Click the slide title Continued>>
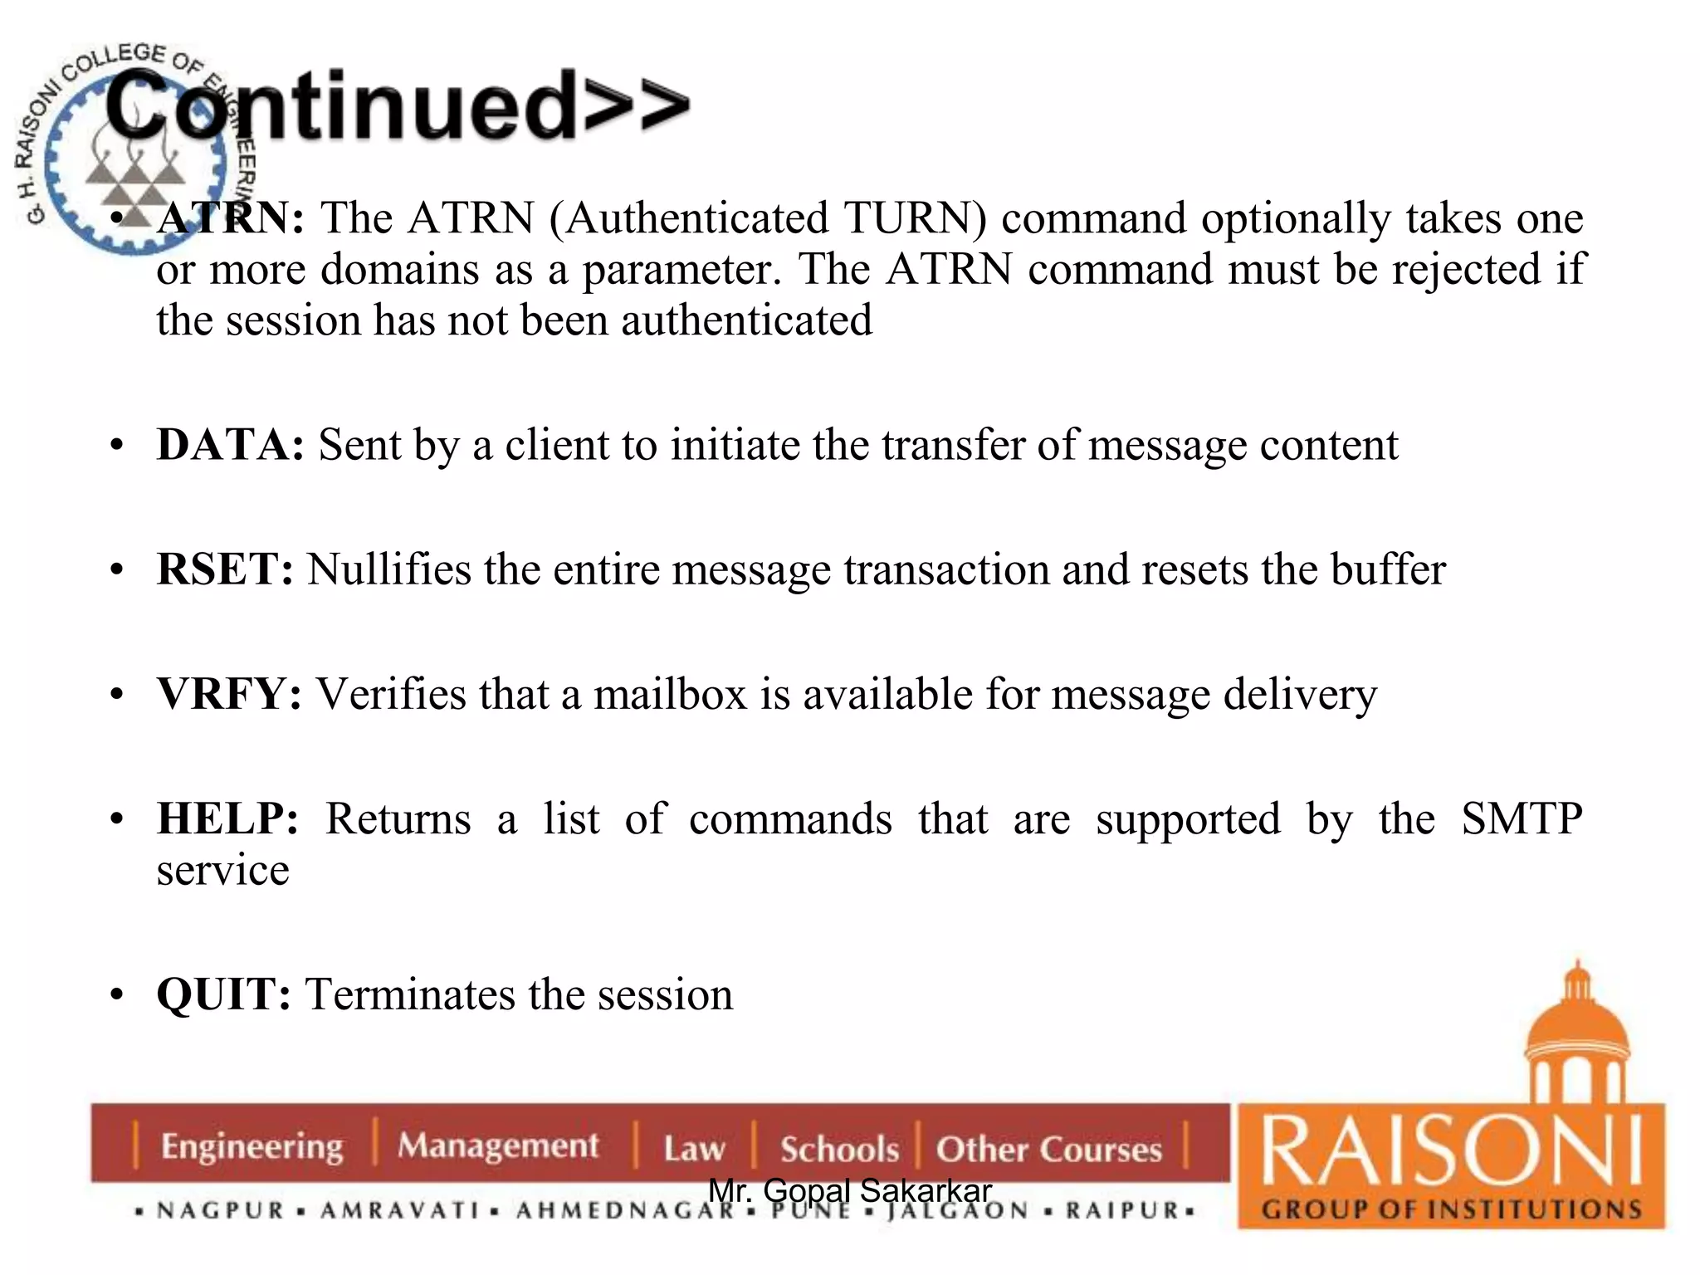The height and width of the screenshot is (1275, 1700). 397,106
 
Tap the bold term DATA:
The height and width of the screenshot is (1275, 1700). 230,445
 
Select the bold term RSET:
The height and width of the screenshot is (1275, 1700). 225,569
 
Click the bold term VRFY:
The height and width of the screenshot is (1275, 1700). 229,694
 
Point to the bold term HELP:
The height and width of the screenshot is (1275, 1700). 227,819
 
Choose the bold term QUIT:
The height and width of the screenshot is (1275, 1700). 223,994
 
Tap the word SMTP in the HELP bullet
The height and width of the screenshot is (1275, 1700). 1521,819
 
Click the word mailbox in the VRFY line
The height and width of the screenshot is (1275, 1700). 670,694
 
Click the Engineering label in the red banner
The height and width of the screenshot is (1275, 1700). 252,1146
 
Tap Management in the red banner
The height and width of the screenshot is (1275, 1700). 497,1146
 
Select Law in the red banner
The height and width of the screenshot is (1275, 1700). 694,1149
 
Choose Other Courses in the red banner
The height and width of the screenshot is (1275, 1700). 1048,1149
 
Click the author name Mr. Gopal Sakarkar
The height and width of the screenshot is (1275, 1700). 850,1190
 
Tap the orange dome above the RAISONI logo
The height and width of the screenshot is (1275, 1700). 1576,1029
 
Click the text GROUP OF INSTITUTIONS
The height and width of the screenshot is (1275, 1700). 1451,1209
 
